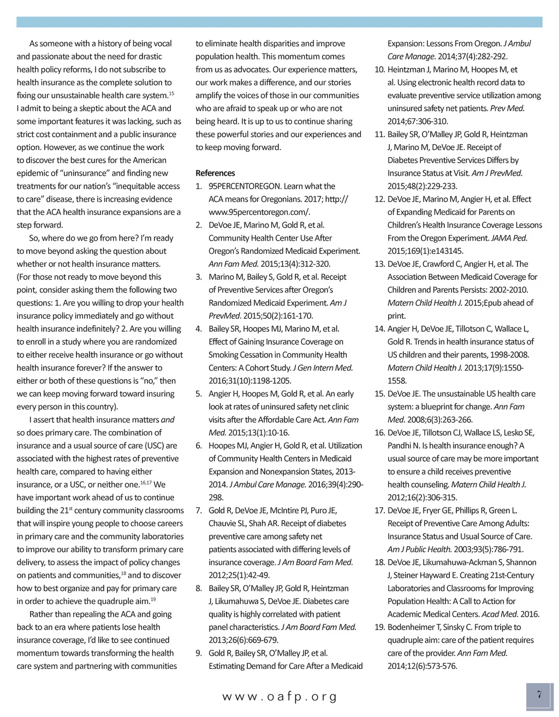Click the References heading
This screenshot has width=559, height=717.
(x=215, y=173)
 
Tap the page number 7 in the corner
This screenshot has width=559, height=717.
(x=539, y=695)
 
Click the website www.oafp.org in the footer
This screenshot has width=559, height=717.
(x=279, y=697)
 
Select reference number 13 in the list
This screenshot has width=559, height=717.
(x=380, y=264)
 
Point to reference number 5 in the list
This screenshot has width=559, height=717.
(x=199, y=394)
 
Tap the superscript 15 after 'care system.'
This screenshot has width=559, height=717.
(x=171, y=93)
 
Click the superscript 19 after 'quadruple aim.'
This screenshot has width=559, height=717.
(x=153, y=599)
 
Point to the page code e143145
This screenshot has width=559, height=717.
(x=444, y=251)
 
